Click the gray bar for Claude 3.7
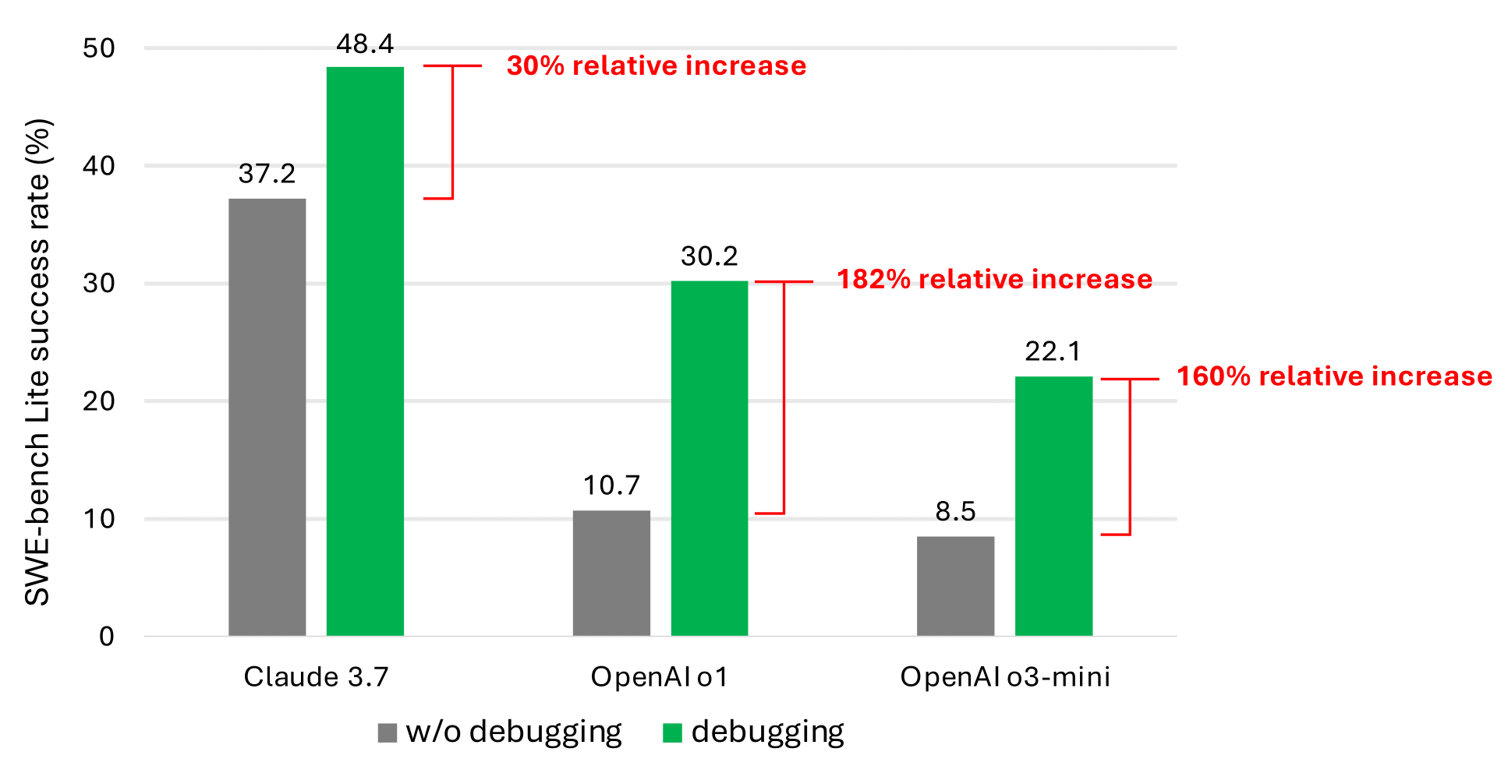pyautogui.click(x=267, y=417)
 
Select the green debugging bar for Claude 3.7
pyautogui.click(x=365, y=351)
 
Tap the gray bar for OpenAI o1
pyautogui.click(x=611, y=573)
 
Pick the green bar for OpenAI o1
pyautogui.click(x=709, y=458)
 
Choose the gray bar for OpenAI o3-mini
pyautogui.click(x=955, y=586)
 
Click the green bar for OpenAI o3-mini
pyautogui.click(x=1053, y=506)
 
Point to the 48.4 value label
pyautogui.click(x=365, y=44)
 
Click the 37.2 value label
pyautogui.click(x=267, y=174)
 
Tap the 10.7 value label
pyautogui.click(x=611, y=486)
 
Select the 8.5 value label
pyautogui.click(x=955, y=512)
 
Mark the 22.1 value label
pyautogui.click(x=1053, y=352)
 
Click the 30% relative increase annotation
pyautogui.click(x=657, y=66)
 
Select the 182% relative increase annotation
pyautogui.click(x=994, y=280)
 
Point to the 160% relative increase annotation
pyautogui.click(x=1334, y=376)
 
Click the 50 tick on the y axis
pyautogui.click(x=99, y=48)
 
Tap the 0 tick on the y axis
pyautogui.click(x=107, y=637)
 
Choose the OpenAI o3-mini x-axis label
pyautogui.click(x=1005, y=676)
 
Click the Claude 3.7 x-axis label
pyautogui.click(x=316, y=676)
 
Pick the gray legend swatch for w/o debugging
pyautogui.click(x=388, y=733)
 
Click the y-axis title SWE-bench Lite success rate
pyautogui.click(x=37, y=362)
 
